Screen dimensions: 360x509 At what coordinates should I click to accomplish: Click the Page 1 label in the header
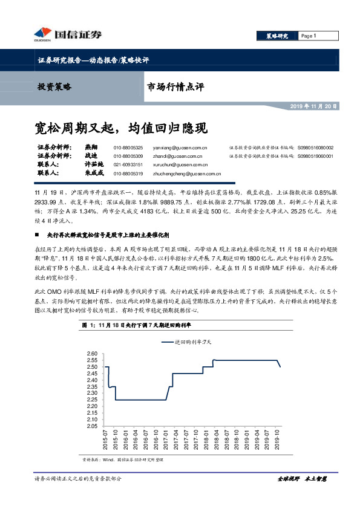(309, 36)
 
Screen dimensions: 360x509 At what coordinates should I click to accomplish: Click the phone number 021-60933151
(128, 164)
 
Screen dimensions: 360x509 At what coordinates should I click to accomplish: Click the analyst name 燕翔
(91, 148)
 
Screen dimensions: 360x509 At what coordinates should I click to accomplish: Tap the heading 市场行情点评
(175, 87)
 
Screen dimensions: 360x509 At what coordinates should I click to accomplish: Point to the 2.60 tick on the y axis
(93, 354)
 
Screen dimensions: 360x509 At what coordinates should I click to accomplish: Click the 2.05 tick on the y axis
(93, 426)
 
